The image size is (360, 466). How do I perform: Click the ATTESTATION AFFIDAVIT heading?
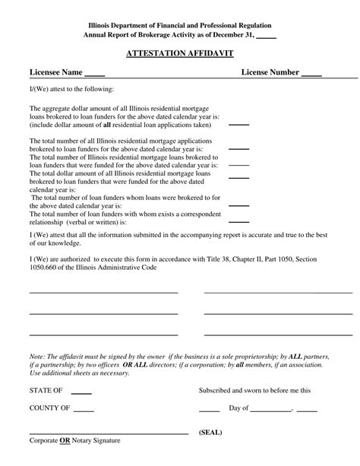pos(179,55)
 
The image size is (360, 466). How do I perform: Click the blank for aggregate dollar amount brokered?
pos(238,124)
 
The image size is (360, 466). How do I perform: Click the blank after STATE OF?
pos(81,394)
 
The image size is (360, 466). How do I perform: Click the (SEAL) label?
pos(210,432)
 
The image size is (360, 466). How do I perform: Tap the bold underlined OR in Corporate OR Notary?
pos(67,441)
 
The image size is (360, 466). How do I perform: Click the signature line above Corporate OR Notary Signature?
pos(108,433)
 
